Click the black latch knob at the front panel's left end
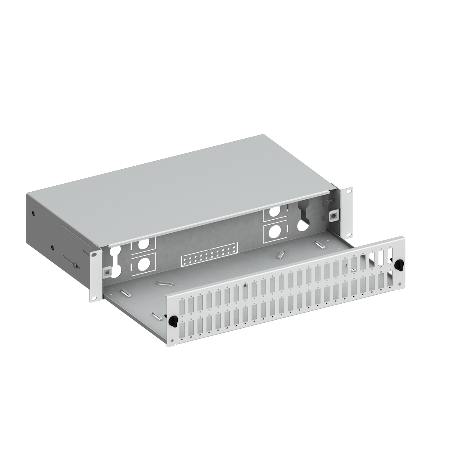point(173,321)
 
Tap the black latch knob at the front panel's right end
point(399,264)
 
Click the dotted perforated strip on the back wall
point(209,254)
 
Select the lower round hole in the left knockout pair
point(144,263)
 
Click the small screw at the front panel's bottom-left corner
point(172,341)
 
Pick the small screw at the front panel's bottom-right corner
point(399,283)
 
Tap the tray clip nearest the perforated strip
point(280,254)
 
